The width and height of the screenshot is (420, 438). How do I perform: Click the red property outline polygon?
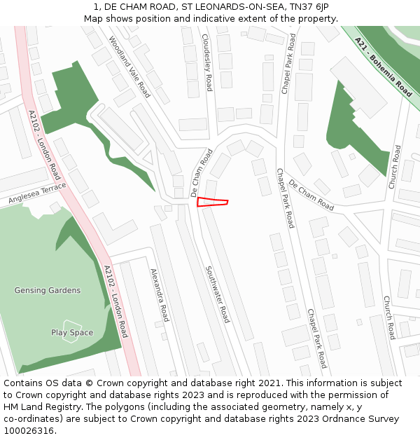tap(211, 203)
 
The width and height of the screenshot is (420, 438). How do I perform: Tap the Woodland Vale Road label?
tap(129, 67)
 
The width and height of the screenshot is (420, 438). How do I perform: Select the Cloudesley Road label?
tap(206, 62)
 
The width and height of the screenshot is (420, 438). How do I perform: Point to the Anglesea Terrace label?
tap(37, 194)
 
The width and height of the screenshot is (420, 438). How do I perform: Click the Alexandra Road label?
tap(160, 294)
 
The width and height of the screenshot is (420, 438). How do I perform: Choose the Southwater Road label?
tap(217, 294)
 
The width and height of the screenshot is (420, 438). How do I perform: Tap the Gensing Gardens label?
tap(48, 290)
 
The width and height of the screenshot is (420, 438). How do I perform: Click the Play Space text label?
tap(72, 332)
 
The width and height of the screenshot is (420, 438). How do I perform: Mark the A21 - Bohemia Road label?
tap(384, 67)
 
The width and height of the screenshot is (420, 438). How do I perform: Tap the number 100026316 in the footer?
tap(29, 431)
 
